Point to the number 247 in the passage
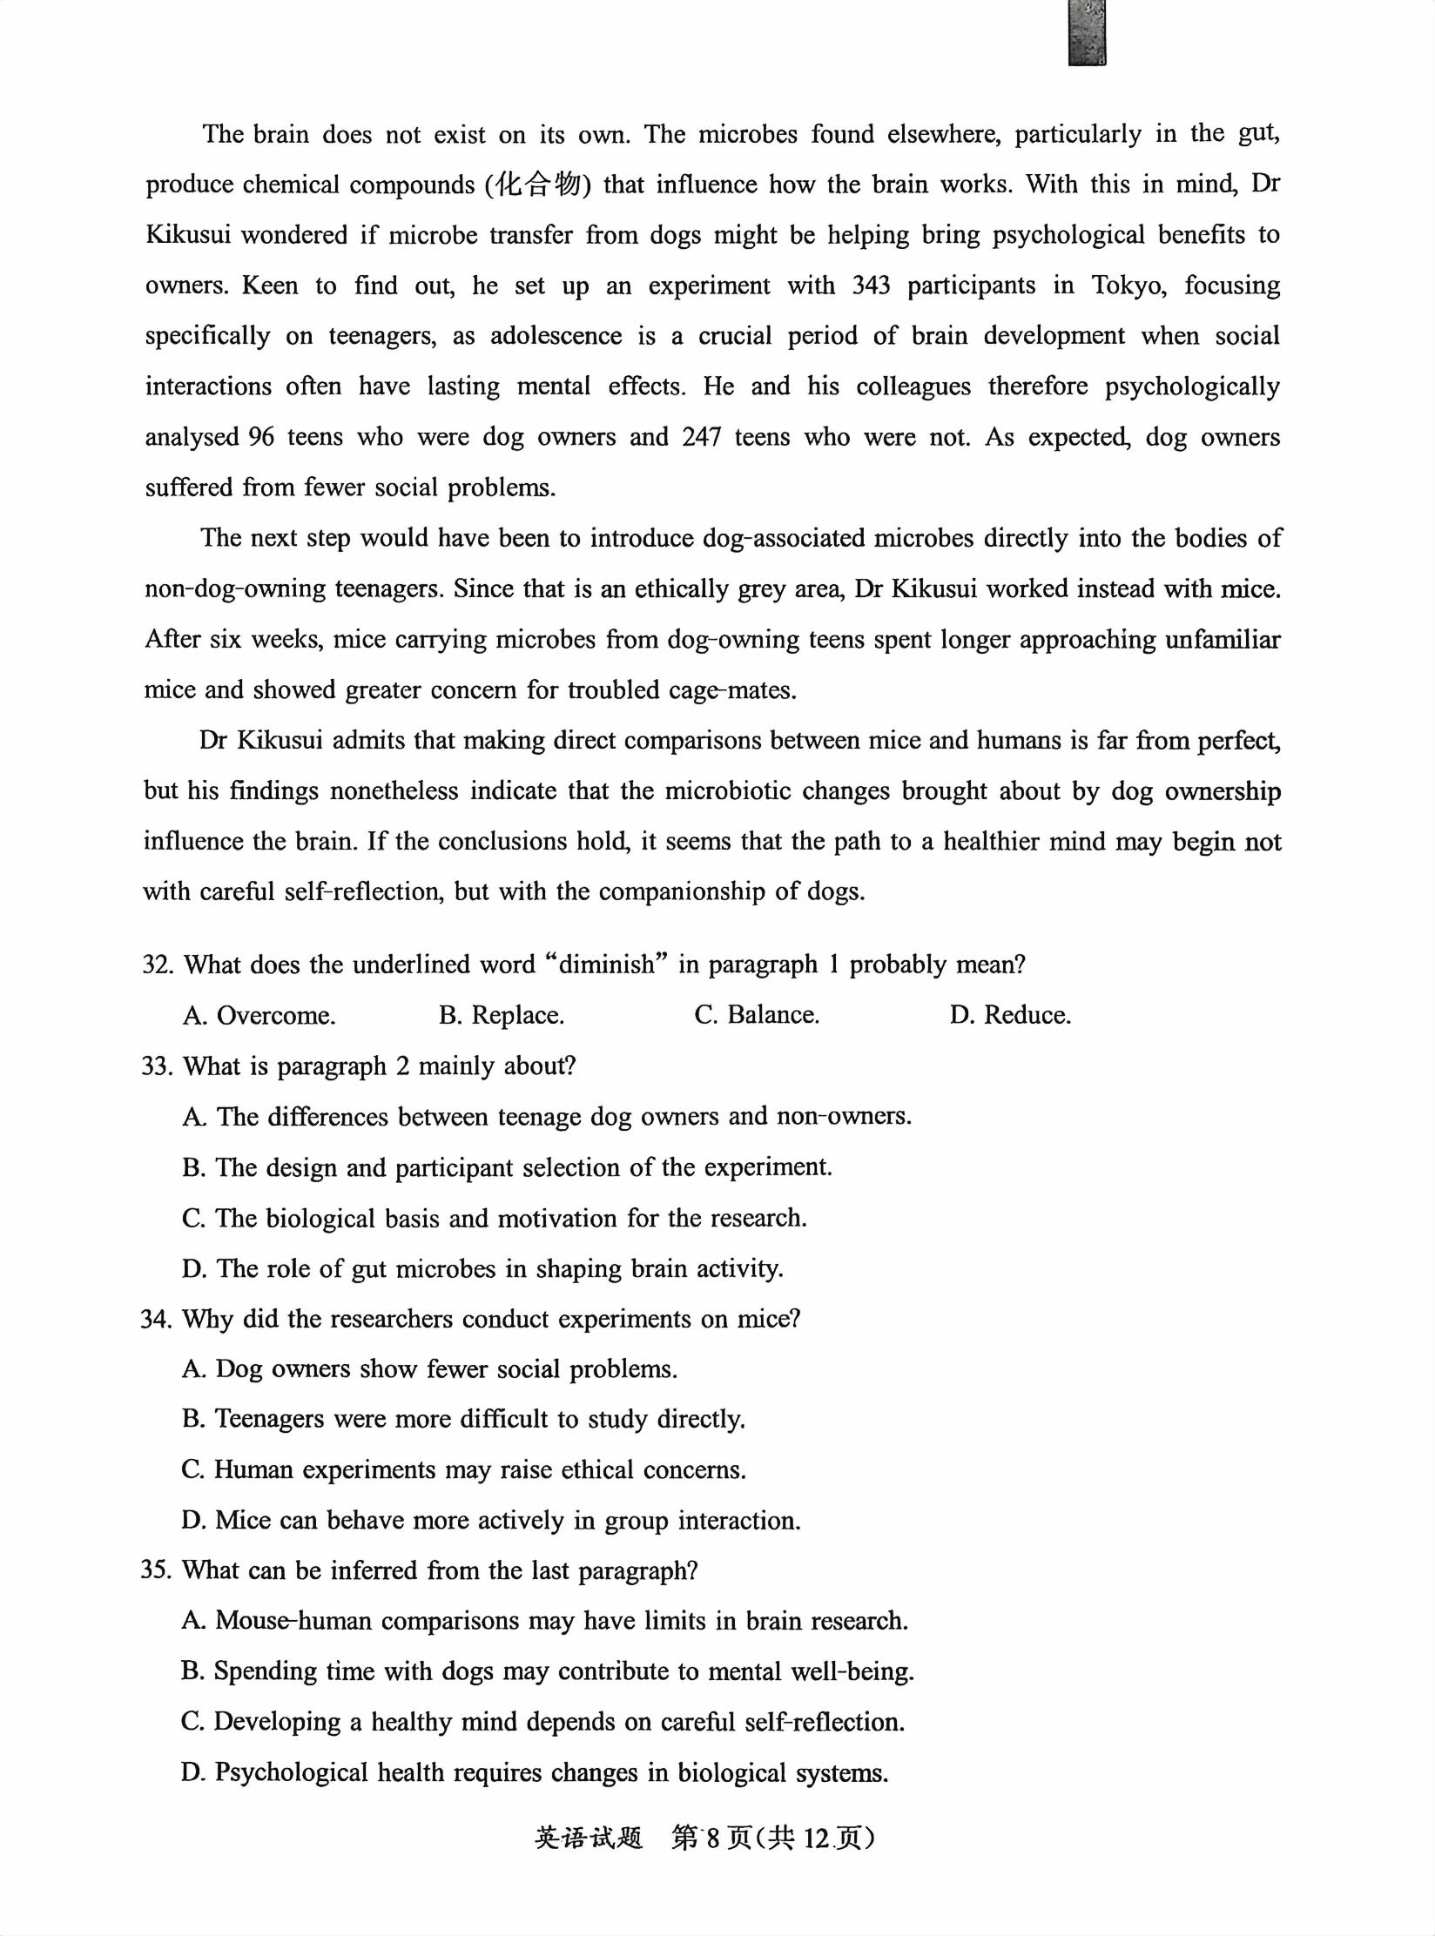pos(701,436)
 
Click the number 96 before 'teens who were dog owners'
pos(261,436)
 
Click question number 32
pos(158,965)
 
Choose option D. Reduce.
pos(1010,1015)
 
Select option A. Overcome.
pos(259,1015)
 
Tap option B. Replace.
pos(502,1015)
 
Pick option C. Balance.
pos(757,1015)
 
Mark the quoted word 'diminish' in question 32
pos(606,965)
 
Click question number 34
pos(157,1319)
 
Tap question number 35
pos(157,1570)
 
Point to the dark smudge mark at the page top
pos(1088,32)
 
